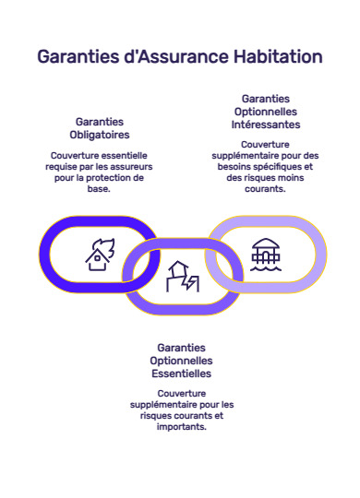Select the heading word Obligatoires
tap(100, 135)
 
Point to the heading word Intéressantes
tap(266, 124)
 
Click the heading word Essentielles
tap(181, 373)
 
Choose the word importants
tap(181, 427)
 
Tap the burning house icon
tap(98, 253)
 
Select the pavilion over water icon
tap(266, 253)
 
